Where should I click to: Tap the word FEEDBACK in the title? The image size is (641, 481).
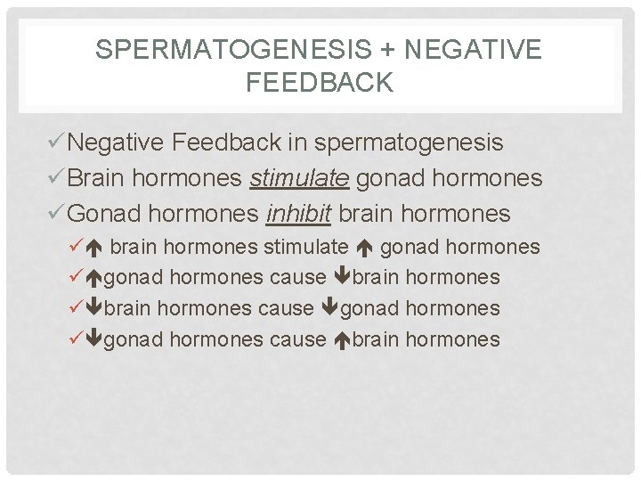(319, 83)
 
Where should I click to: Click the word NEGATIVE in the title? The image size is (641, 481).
(472, 50)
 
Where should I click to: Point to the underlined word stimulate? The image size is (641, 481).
(299, 178)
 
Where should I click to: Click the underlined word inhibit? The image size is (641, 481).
(299, 214)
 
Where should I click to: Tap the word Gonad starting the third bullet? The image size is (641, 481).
(101, 214)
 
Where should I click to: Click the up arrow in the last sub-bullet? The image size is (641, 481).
(343, 340)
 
